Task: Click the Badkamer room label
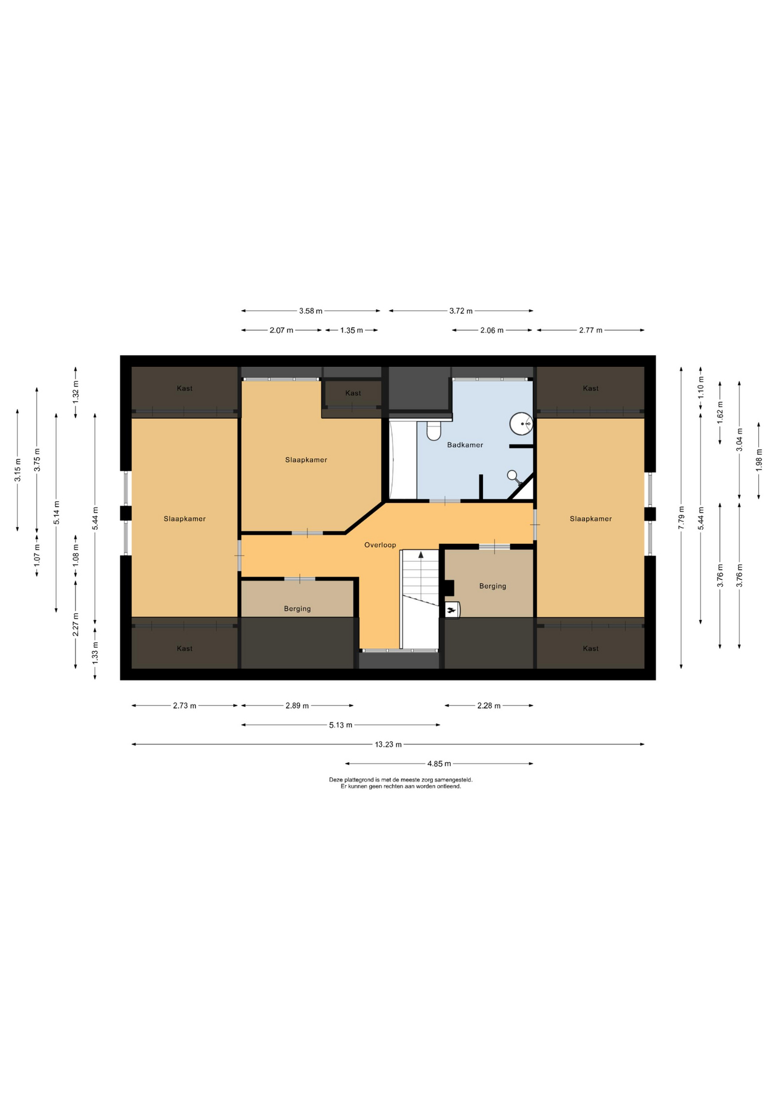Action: pos(465,445)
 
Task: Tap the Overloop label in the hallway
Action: pos(380,545)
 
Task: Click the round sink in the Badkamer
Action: pos(521,424)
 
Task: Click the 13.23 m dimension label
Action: pos(388,744)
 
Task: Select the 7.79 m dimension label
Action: pos(681,518)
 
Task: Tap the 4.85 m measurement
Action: pos(439,764)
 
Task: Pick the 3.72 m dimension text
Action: pos(461,311)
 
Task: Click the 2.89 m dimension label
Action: pos(297,706)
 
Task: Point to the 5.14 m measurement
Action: pos(56,512)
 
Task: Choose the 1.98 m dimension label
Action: pos(759,461)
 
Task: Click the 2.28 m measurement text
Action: pos(489,706)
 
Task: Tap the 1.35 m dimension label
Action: pos(351,330)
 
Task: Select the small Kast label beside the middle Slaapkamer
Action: pos(353,393)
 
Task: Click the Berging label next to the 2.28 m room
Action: pos(493,586)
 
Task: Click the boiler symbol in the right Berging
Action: pos(452,610)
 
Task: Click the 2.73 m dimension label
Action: pos(185,706)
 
